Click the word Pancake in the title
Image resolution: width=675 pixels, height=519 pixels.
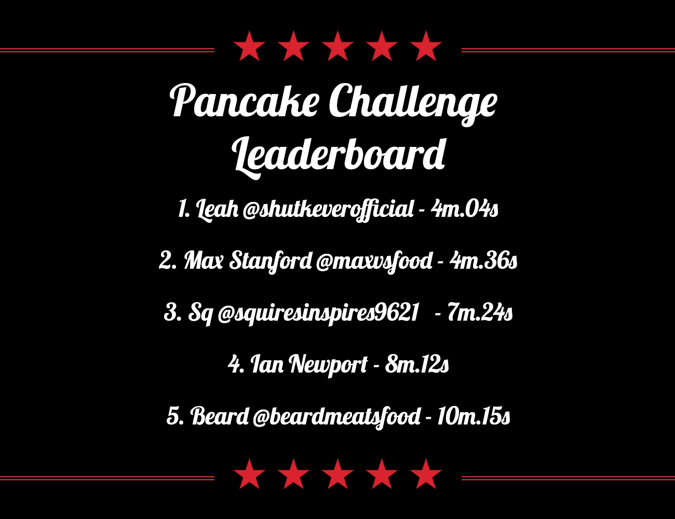(x=244, y=101)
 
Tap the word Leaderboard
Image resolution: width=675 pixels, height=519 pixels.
(x=339, y=154)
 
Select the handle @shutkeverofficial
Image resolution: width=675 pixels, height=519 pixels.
(x=328, y=209)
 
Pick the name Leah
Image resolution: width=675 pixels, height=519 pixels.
(x=217, y=209)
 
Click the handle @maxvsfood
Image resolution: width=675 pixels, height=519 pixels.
(x=374, y=261)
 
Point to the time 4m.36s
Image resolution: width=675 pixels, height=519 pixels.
(x=483, y=261)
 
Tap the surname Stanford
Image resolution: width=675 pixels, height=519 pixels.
(x=271, y=261)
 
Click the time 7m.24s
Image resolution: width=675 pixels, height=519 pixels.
(x=480, y=312)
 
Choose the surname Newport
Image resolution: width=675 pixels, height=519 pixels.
(x=328, y=365)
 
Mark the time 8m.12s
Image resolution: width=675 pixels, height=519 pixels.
(x=417, y=364)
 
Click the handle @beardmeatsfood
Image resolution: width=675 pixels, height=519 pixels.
(x=336, y=417)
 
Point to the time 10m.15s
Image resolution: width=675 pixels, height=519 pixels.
(x=473, y=416)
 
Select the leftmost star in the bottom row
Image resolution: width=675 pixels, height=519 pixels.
(x=250, y=474)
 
